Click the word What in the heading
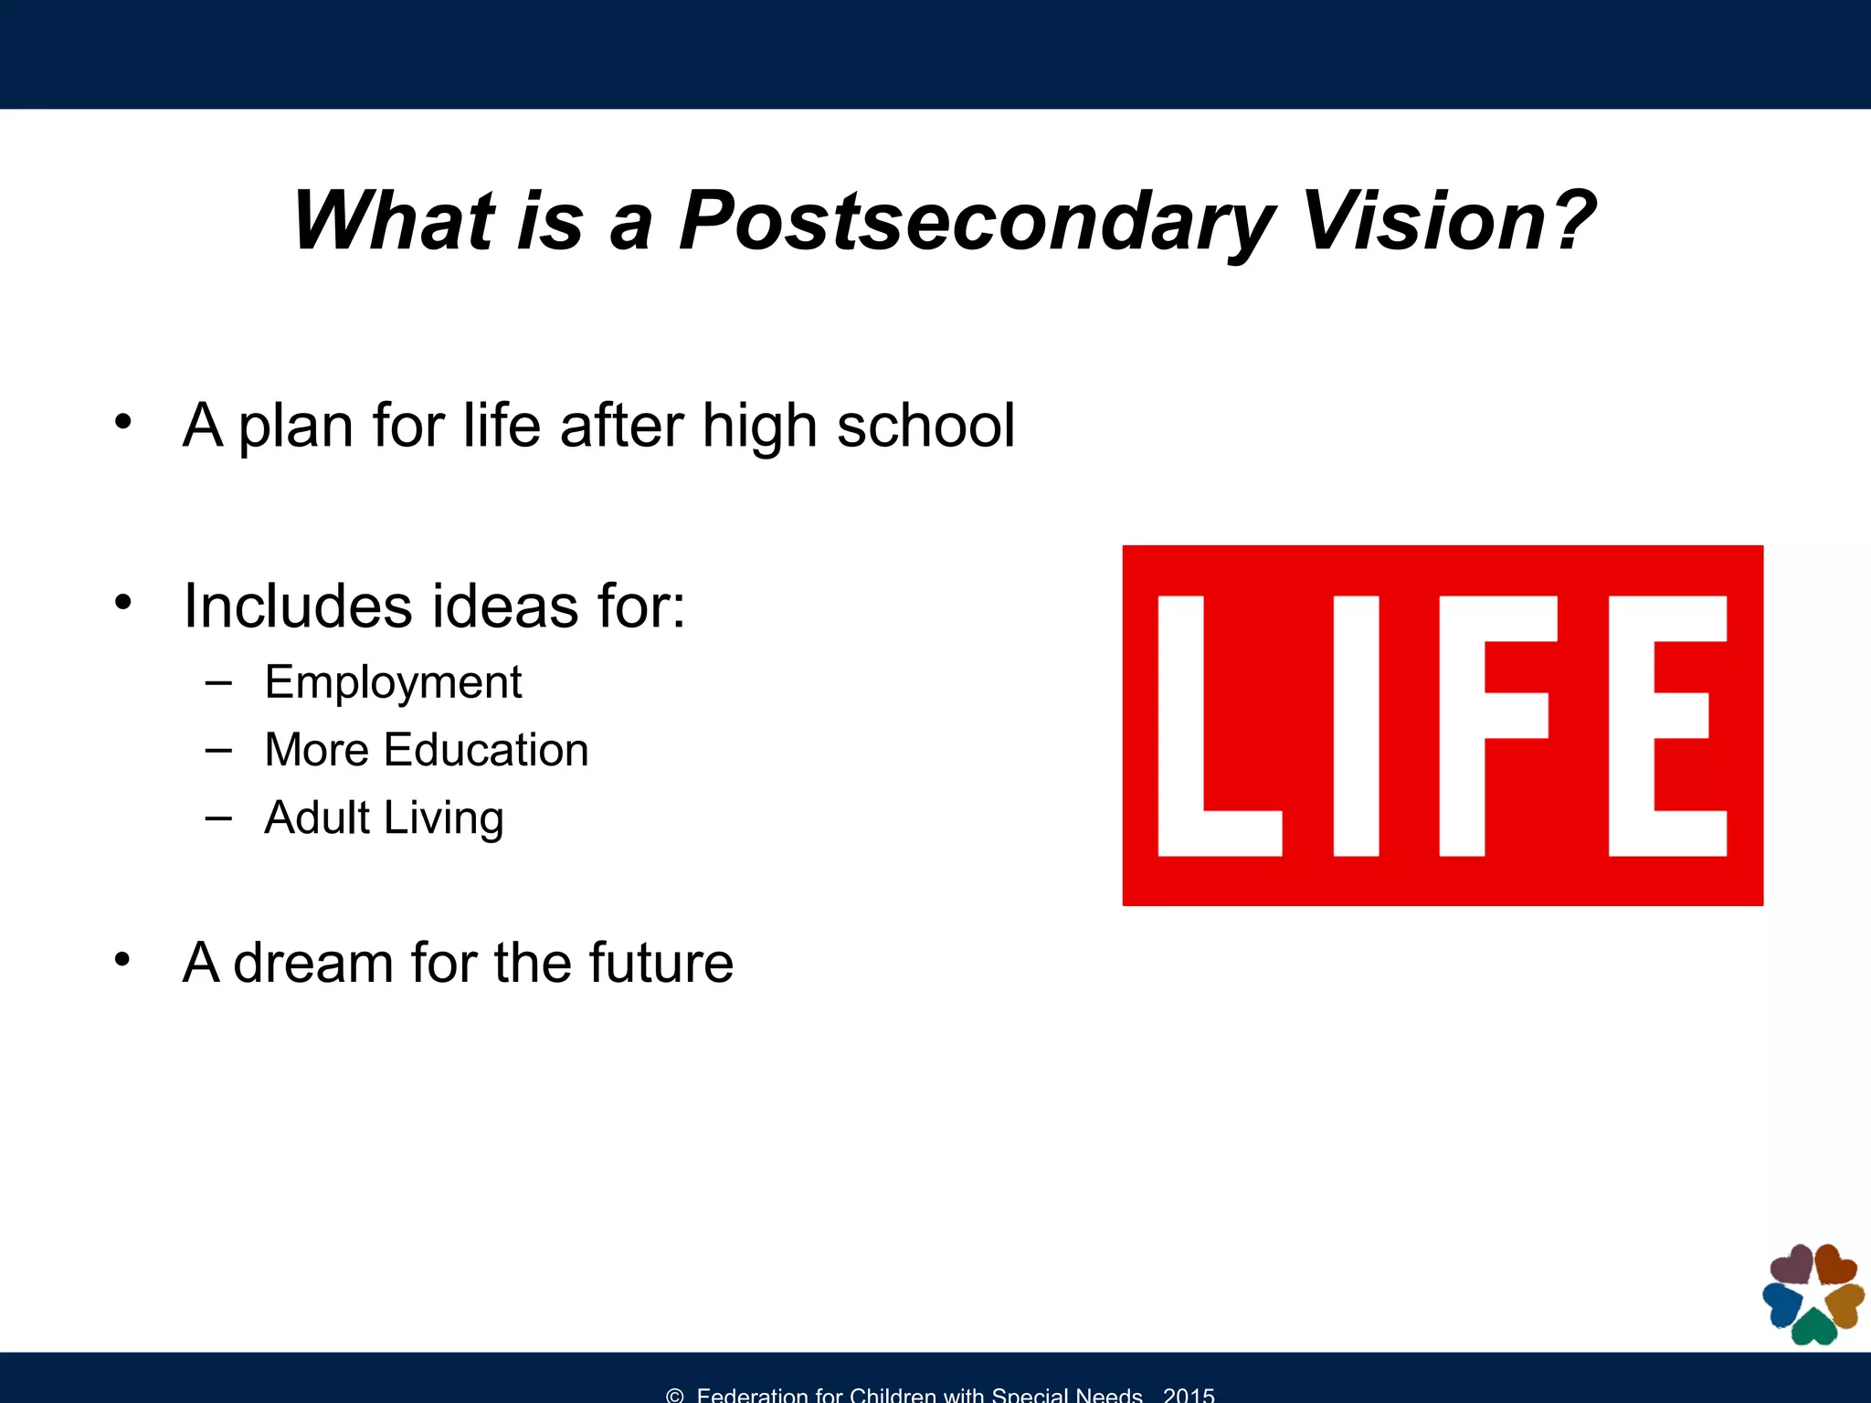coord(393,222)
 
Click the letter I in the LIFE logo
coord(1356,726)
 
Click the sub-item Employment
coord(393,683)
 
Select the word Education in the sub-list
coord(486,751)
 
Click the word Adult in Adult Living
coord(317,818)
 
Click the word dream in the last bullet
coord(312,964)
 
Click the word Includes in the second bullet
coord(297,607)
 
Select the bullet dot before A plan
coord(123,422)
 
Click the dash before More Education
coord(218,751)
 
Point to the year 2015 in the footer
coord(1189,1395)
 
